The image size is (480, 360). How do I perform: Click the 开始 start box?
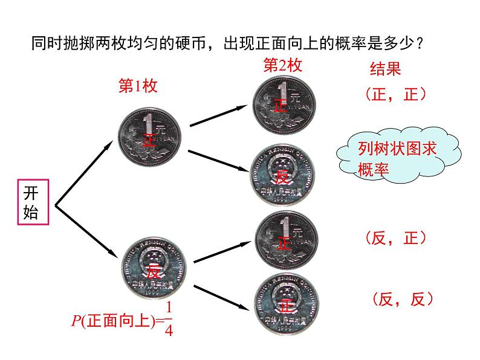(31, 202)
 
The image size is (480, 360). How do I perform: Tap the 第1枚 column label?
(137, 87)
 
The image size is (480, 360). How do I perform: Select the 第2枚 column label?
(282, 65)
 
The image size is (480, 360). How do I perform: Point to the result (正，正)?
(396, 94)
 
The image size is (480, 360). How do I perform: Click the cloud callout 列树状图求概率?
(395, 156)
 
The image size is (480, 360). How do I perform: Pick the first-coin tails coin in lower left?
(155, 268)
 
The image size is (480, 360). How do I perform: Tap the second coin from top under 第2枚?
(284, 175)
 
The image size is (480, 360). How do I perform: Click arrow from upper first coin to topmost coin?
(219, 115)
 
